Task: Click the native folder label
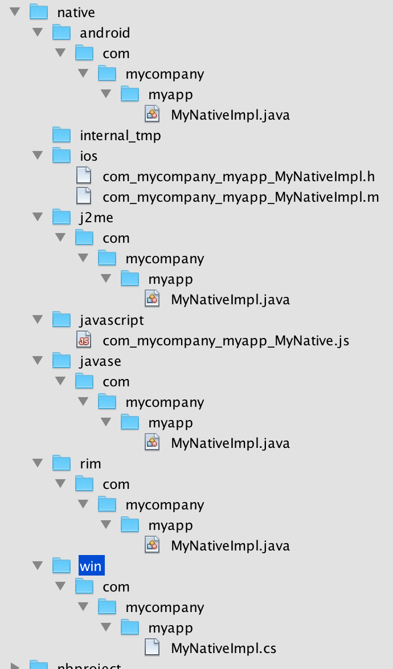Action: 76,13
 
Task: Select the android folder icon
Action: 62,33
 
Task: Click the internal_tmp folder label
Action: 120,136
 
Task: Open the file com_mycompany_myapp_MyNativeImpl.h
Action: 239,177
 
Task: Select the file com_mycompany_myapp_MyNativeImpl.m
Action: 240,197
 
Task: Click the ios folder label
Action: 88,156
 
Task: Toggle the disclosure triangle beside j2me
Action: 38,217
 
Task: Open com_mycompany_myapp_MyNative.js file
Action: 226,341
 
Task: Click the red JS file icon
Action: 84,341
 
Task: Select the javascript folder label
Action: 112,320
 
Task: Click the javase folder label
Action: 100,361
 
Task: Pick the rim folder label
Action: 90,464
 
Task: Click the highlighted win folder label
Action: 91,566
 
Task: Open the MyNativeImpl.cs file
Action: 223,648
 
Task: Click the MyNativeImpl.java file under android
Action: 230,115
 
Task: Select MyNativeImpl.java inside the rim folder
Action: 230,546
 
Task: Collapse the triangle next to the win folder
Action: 38,566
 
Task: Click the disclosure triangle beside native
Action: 15,12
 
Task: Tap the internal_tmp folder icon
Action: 62,136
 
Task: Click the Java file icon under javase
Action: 152,443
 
